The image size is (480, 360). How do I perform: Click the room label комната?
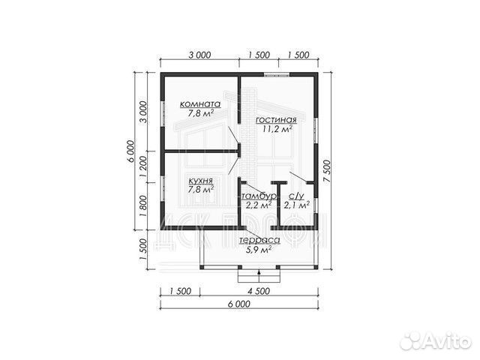tap(200, 104)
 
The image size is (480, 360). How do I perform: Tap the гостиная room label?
tap(276, 120)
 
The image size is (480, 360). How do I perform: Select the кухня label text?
tap(200, 181)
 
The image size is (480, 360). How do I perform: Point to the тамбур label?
tap(259, 196)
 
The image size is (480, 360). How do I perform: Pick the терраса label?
tap(259, 240)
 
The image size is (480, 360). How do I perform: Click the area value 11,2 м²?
tap(277, 129)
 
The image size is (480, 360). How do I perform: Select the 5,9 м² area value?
tap(259, 250)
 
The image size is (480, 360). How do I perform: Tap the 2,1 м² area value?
tap(296, 205)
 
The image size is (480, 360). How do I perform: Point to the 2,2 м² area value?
tap(259, 205)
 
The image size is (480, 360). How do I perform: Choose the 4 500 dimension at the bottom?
tap(259, 291)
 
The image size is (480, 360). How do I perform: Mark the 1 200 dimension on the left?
tap(143, 166)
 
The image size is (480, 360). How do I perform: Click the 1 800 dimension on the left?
tap(143, 206)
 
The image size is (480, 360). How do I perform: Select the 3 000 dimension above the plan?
tap(199, 55)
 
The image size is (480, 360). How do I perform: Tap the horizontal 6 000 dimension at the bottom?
tap(239, 304)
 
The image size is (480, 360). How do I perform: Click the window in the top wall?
tap(277, 74)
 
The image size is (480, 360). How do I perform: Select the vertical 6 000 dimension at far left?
tap(130, 151)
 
